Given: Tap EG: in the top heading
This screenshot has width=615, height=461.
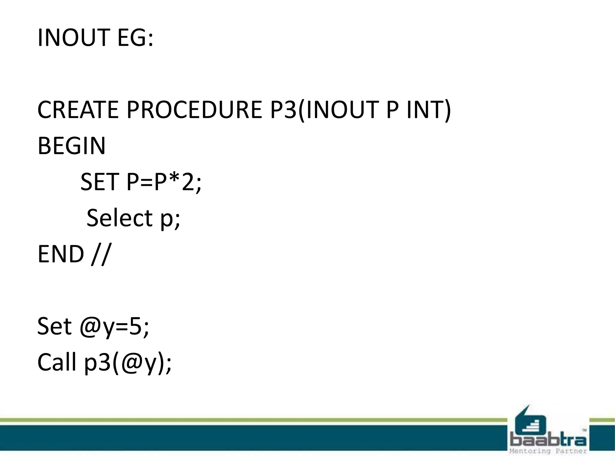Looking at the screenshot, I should [135, 38].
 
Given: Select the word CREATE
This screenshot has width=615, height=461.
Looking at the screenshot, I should [78, 110].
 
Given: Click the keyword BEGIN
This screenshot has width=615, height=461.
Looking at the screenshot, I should [71, 146].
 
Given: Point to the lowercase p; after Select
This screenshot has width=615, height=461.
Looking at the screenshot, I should [170, 219].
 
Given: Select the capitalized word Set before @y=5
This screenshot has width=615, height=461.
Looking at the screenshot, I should [55, 326].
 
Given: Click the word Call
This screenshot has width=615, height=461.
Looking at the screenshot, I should [57, 362].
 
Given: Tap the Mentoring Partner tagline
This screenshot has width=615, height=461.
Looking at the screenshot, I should [548, 451].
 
